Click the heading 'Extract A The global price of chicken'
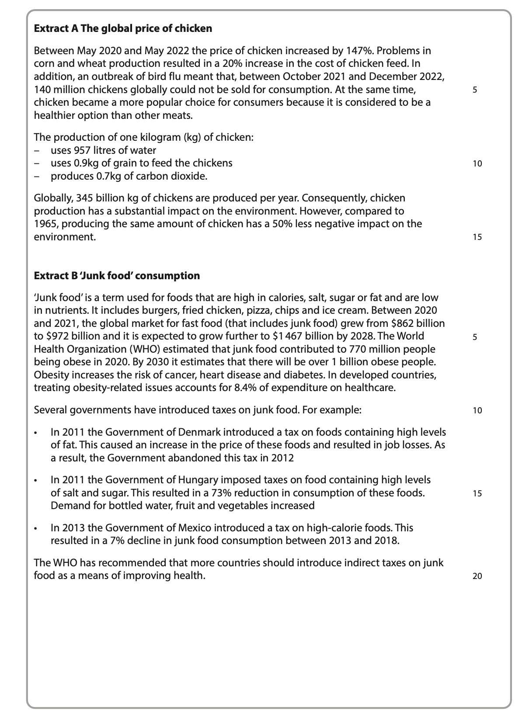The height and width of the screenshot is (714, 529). (x=123, y=29)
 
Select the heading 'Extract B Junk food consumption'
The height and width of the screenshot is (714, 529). (x=117, y=276)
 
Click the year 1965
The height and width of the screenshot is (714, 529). (x=44, y=224)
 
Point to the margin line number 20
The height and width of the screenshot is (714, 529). (x=477, y=576)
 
